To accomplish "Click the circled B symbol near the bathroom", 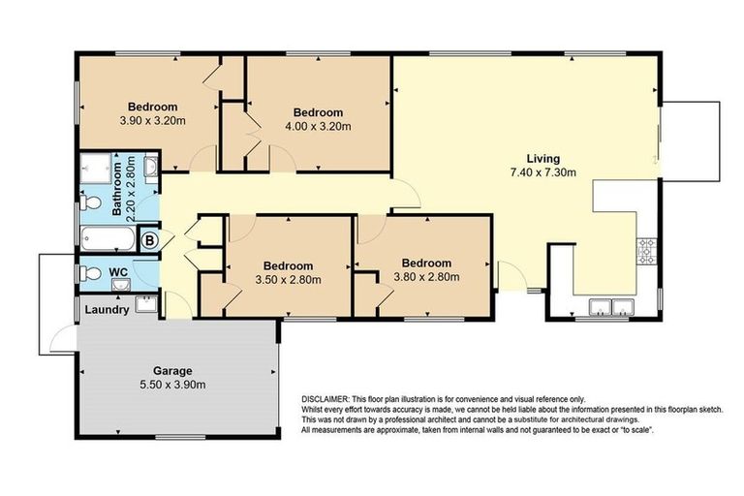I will [150, 238].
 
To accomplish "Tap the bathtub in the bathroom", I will [107, 237].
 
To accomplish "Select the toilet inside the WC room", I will [89, 273].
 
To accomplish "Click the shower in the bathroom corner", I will [95, 168].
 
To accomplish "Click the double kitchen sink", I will [611, 309].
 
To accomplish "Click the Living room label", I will [543, 159].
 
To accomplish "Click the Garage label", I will [172, 370].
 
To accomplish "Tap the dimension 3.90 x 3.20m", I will [152, 122].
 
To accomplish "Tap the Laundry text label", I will [107, 310].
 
